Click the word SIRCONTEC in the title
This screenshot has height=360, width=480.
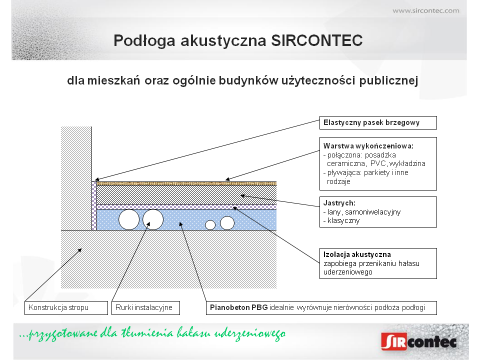(x=317, y=40)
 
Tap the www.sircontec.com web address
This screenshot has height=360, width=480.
(x=426, y=10)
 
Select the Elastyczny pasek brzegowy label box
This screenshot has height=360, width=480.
(x=378, y=123)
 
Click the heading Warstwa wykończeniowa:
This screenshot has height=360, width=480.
(x=368, y=146)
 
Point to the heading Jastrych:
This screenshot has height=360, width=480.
(x=339, y=203)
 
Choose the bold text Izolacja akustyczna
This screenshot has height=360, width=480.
(x=357, y=254)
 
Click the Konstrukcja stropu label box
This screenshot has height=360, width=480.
(x=66, y=307)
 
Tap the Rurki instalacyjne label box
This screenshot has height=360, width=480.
(x=145, y=307)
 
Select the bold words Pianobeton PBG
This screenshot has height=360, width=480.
(x=239, y=307)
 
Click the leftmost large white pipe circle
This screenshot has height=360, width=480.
(x=129, y=219)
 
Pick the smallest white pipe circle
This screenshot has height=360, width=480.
(x=210, y=225)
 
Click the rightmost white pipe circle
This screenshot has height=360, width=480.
(x=227, y=223)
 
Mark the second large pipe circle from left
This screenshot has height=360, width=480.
(x=153, y=219)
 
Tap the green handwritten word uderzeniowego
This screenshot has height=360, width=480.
(x=249, y=333)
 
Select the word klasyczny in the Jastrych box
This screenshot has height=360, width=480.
(x=343, y=220)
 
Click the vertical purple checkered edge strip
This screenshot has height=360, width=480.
(x=94, y=205)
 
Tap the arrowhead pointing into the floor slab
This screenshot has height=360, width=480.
(x=79, y=250)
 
